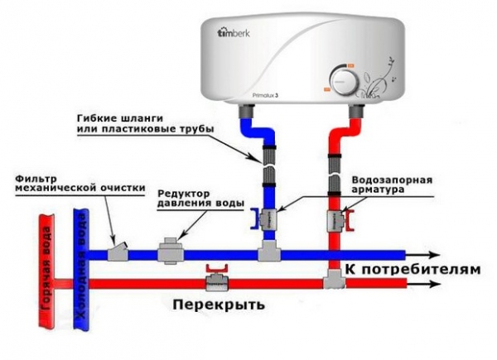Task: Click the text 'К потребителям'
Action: point(412,270)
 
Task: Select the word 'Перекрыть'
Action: point(220,304)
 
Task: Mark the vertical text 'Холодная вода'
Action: point(81,269)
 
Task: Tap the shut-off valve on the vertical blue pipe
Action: point(266,219)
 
